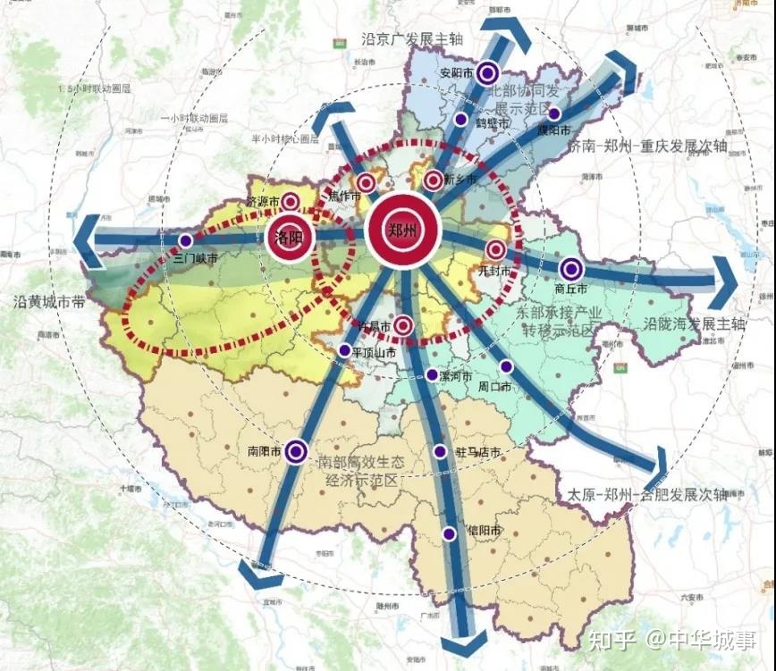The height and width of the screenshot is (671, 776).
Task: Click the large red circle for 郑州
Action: pos(402,230)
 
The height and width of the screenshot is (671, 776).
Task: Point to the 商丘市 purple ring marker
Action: pos(571,269)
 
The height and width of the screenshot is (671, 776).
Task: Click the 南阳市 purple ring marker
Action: pos(297,452)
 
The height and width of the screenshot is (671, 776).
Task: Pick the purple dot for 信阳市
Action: pos(449,533)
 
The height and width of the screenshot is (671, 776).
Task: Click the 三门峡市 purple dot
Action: pos(185,240)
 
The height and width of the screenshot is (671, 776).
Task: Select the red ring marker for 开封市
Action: pos(496,250)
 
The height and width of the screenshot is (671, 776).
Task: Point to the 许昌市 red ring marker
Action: pos(403,326)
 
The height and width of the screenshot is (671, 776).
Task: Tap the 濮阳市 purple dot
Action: pos(554,113)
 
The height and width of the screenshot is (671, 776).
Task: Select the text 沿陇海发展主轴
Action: pos(693,323)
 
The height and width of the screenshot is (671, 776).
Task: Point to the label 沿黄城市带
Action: pos(50,303)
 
